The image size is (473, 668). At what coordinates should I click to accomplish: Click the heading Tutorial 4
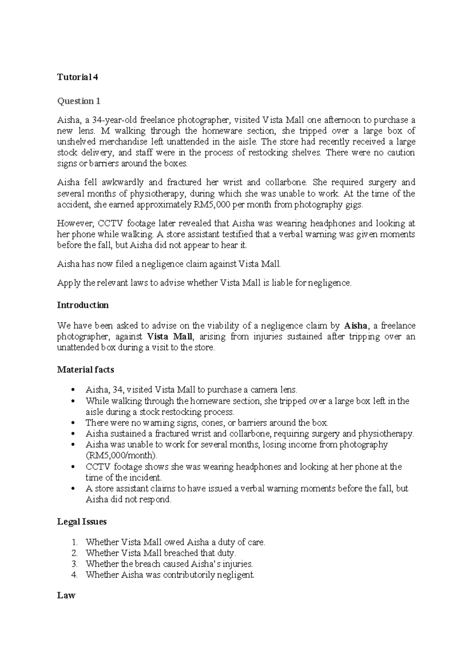coord(78,77)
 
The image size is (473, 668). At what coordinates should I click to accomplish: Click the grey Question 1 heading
coord(79,101)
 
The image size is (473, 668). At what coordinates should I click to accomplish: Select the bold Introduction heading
coord(83,305)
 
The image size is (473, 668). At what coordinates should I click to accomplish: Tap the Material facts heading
coord(86,370)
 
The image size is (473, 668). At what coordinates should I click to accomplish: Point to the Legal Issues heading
coord(82,522)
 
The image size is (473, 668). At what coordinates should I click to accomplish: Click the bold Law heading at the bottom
coord(66,595)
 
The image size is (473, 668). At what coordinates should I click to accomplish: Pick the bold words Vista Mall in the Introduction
coord(170,337)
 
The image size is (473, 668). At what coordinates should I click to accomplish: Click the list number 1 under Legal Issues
coord(75,542)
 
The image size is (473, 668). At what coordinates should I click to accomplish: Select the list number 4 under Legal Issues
coord(75,575)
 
